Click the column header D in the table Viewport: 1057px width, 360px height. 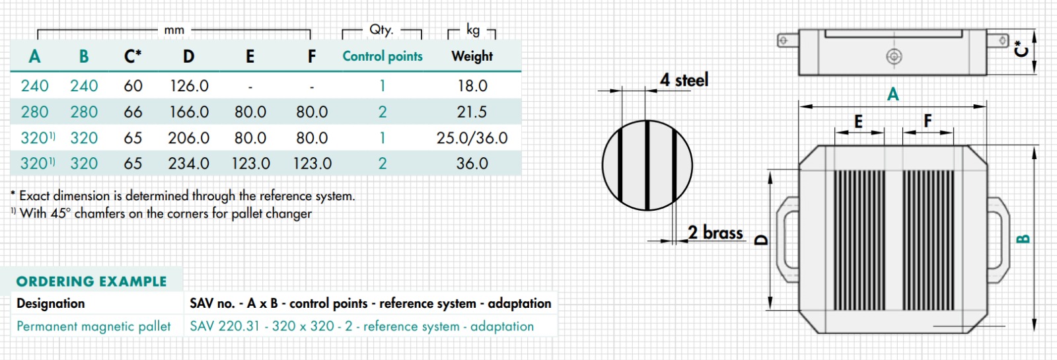[x=188, y=57]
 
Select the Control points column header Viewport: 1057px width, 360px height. [x=383, y=56]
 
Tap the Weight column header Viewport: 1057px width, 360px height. [x=472, y=56]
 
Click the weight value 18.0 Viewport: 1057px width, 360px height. [x=472, y=86]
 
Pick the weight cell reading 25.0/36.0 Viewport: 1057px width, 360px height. [x=472, y=138]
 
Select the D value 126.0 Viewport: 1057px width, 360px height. [x=189, y=86]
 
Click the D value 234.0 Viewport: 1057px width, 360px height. [x=188, y=163]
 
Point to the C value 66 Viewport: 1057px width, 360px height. [x=133, y=112]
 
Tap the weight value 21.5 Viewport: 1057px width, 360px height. [x=472, y=112]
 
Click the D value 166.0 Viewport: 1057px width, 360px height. [x=189, y=112]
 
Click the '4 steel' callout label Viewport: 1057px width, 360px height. [x=684, y=80]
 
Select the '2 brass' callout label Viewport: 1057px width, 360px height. [x=715, y=233]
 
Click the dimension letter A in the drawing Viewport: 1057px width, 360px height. [x=893, y=94]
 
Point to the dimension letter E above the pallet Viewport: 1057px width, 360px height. [x=858, y=122]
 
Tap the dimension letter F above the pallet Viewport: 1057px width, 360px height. [x=928, y=121]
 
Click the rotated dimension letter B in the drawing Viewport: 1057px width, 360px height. [x=1023, y=239]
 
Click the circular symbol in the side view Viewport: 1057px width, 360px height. [x=894, y=57]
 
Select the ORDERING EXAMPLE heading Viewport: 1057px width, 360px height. [x=91, y=281]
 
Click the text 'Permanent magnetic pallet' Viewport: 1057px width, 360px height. [x=93, y=326]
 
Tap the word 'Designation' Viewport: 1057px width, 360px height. [x=51, y=303]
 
